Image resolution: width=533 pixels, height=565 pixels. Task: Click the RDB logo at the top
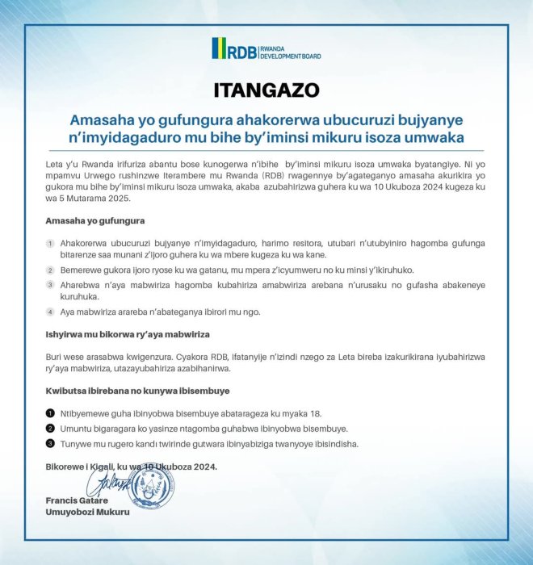click(x=266, y=49)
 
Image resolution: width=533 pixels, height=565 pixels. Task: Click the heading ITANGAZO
click(x=266, y=89)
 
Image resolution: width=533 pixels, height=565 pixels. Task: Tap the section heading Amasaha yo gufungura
click(x=95, y=220)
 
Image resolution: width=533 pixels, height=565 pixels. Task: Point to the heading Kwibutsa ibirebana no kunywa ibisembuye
click(x=138, y=391)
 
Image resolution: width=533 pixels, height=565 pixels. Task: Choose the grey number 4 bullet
click(x=50, y=312)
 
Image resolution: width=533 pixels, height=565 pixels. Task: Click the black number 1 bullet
click(x=50, y=412)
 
